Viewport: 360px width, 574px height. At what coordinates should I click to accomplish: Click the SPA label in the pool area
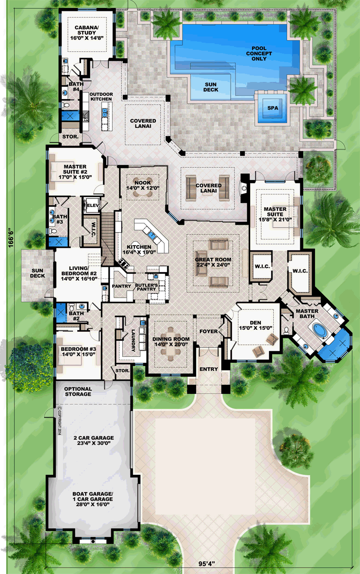pos(273,108)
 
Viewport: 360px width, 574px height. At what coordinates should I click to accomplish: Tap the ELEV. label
pos(93,206)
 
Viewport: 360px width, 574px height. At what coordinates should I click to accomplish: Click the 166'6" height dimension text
pos(11,237)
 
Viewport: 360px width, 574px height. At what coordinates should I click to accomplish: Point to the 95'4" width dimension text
pos(207,564)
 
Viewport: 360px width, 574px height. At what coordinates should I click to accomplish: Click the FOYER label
pos(208,331)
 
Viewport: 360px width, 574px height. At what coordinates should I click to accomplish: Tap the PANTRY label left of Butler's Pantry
pos(121,286)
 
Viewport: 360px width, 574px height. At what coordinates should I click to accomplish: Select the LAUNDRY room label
pos(133,340)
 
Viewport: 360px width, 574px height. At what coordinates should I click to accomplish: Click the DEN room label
pos(255,323)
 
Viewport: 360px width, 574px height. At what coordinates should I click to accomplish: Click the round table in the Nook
pos(143,188)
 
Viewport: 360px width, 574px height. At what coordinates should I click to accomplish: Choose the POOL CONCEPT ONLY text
pos(259,54)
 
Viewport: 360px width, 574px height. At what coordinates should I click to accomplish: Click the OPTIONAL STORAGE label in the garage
pos(78,392)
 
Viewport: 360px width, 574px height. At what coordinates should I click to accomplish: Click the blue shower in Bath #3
pos(59,241)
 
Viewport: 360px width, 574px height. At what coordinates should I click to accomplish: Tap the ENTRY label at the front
pos(209,369)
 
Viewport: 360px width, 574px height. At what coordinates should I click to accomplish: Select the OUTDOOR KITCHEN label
pos(101,97)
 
